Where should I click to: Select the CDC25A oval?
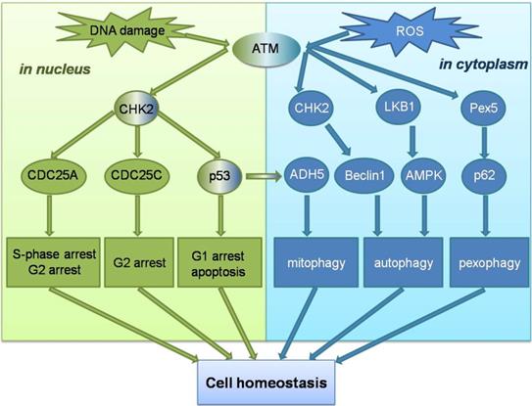pyautogui.click(x=61, y=177)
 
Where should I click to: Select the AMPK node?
pyautogui.click(x=422, y=177)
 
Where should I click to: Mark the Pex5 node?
pyautogui.click(x=482, y=108)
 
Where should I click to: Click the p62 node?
pyautogui.click(x=482, y=177)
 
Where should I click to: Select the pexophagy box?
pyautogui.click(x=482, y=263)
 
